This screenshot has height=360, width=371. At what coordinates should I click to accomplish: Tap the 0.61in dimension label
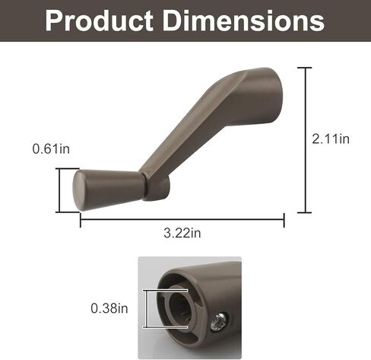click(51, 149)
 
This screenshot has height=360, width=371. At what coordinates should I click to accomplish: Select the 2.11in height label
click(331, 139)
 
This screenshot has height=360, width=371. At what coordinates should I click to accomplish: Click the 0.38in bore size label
click(109, 308)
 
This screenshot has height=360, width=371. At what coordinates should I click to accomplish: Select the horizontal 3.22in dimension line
click(182, 220)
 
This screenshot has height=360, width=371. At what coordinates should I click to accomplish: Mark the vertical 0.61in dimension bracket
click(59, 189)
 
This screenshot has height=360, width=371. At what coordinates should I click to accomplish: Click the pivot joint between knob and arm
click(157, 186)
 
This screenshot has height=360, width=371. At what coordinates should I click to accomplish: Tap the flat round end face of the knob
click(79, 190)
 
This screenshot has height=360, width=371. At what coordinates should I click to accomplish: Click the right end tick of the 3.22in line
click(284, 220)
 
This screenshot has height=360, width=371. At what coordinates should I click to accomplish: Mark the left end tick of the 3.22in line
click(81, 220)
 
